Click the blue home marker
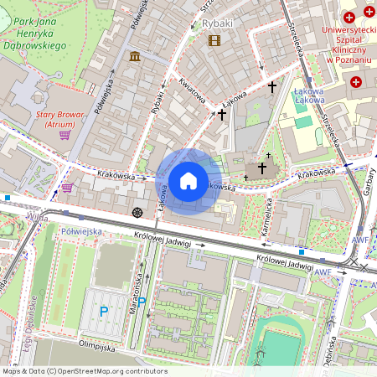pos(188,181)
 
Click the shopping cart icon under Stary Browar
pos(65,134)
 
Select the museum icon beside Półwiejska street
pos(135,56)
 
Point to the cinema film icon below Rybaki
pos(214,39)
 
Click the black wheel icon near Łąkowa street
pos(137,211)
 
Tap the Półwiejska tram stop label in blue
pos(82,230)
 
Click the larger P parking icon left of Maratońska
pos(104,311)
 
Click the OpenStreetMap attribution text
pos(84,370)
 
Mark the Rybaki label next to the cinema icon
pos(217,24)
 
